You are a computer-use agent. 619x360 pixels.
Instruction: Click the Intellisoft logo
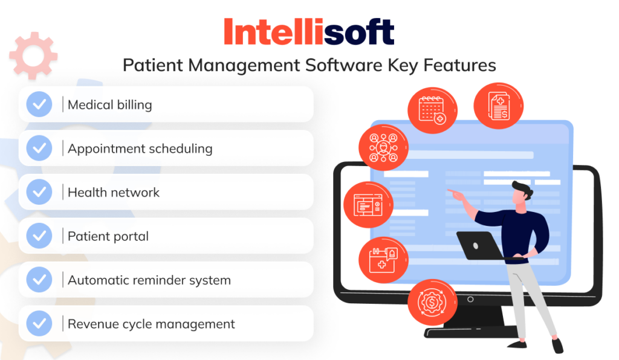click(309, 31)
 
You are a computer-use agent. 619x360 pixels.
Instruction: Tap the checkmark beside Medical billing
click(39, 104)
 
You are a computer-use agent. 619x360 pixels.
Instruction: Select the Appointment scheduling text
click(140, 149)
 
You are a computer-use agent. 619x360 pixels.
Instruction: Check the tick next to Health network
click(39, 192)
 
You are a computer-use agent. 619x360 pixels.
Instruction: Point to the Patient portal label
click(108, 236)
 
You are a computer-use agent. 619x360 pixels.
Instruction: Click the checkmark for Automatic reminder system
click(39, 280)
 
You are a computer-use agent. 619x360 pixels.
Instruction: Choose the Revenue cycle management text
click(151, 324)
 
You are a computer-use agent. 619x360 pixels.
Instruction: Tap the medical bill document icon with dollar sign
click(498, 105)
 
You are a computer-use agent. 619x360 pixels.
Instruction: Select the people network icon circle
click(384, 147)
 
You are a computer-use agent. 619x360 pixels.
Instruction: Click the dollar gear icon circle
click(432, 301)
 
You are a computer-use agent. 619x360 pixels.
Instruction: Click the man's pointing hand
click(452, 193)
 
